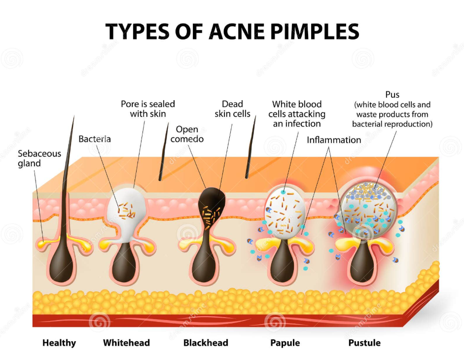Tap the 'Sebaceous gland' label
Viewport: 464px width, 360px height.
pyautogui.click(x=39, y=158)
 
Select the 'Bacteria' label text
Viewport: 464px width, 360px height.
pyautogui.click(x=95, y=139)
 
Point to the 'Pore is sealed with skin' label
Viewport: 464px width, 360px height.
pyautogui.click(x=148, y=109)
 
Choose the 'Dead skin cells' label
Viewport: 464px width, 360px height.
pyautogui.click(x=232, y=109)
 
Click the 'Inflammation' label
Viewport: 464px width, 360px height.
pyautogui.click(x=334, y=140)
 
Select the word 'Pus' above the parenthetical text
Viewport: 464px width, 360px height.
pyautogui.click(x=393, y=95)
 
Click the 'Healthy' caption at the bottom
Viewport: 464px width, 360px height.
pyautogui.click(x=59, y=343)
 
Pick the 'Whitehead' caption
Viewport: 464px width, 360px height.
pyautogui.click(x=126, y=343)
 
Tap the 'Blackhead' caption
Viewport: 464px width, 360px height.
pyautogui.click(x=206, y=343)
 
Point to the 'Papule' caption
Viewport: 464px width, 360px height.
pyautogui.click(x=285, y=343)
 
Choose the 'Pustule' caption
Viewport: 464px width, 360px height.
pyautogui.click(x=364, y=343)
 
